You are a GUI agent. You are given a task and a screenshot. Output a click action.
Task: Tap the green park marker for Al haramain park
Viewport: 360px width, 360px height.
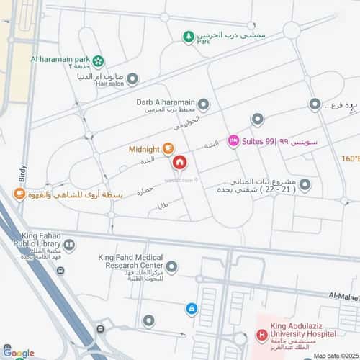click(x=99, y=61)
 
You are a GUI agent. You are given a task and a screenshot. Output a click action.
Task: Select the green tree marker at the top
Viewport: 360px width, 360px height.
click(x=188, y=36)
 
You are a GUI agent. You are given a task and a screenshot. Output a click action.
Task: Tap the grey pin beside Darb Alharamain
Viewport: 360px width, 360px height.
click(x=204, y=105)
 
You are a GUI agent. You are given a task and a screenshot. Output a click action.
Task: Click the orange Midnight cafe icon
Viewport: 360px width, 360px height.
click(x=167, y=149)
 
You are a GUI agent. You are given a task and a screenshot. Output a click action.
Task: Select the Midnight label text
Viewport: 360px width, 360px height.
click(x=143, y=150)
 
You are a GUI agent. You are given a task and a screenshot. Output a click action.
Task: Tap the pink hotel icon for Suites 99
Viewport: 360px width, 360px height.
click(x=233, y=140)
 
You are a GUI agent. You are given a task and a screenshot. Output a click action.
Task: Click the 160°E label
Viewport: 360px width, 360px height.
click(x=351, y=158)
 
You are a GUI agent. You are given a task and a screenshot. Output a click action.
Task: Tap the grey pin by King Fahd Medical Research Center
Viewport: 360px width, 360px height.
click(x=171, y=267)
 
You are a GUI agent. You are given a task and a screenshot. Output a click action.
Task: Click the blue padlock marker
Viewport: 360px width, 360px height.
click(x=192, y=309)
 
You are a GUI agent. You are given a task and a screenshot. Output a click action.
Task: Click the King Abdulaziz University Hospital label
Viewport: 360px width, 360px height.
click(x=303, y=336)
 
